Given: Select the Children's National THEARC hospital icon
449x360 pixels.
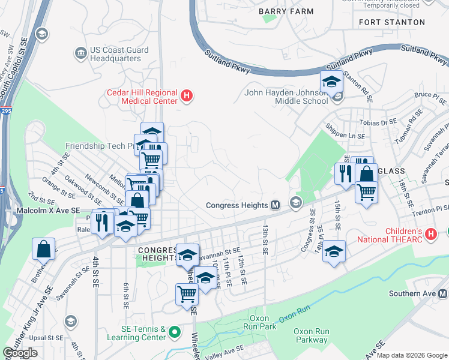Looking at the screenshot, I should [430, 234].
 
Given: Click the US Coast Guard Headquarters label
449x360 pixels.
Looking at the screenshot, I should [115, 54].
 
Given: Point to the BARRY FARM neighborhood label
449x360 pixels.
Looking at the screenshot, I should [279, 11].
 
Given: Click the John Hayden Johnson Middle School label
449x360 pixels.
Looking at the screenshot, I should [286, 97].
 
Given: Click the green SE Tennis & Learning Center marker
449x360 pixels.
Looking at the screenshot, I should [175, 331].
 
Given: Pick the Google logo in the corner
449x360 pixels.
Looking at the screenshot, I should [20, 353].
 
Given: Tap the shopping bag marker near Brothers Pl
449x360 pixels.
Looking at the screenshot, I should [44, 248].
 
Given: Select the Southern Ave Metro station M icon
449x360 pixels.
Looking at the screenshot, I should [442, 293].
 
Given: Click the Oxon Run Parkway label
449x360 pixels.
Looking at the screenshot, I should [310, 335].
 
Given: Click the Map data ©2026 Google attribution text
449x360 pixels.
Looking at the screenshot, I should [412, 355].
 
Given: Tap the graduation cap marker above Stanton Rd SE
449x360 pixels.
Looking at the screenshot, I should [331, 81].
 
